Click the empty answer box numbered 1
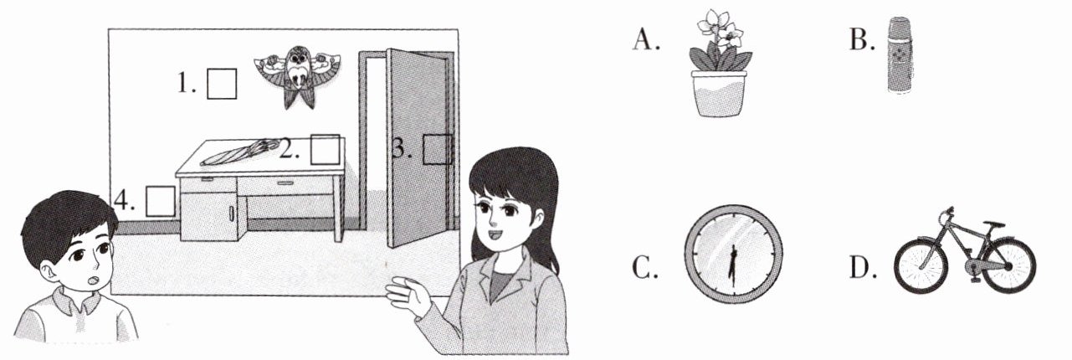click(x=222, y=85)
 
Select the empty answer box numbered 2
click(x=326, y=149)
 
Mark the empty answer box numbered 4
click(x=161, y=201)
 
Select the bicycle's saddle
click(x=993, y=224)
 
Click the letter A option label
click(x=645, y=39)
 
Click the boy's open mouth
click(x=95, y=278)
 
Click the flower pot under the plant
click(x=719, y=94)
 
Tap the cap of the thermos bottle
click(x=898, y=24)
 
